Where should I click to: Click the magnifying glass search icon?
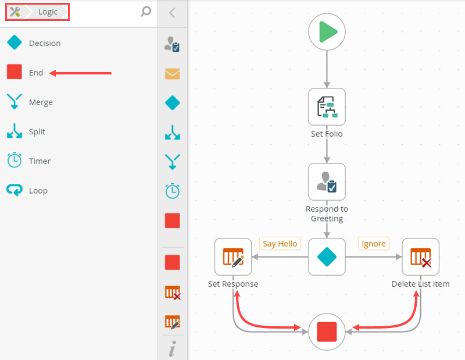pos(146,12)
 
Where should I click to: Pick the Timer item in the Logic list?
pos(29,161)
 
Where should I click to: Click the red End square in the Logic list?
pos(15,72)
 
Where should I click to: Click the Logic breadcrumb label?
pos(48,12)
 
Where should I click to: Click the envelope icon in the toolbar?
pos(172,74)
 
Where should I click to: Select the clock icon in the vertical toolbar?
pos(172,191)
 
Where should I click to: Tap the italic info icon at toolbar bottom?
pos(172,350)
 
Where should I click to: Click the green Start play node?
pos(327,31)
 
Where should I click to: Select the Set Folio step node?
pos(327,106)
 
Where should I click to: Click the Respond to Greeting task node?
pos(327,181)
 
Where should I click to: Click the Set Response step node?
pos(233,256)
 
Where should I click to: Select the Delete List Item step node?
pos(420,256)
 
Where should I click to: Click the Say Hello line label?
pos(280,244)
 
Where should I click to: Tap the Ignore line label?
pos(373,244)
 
